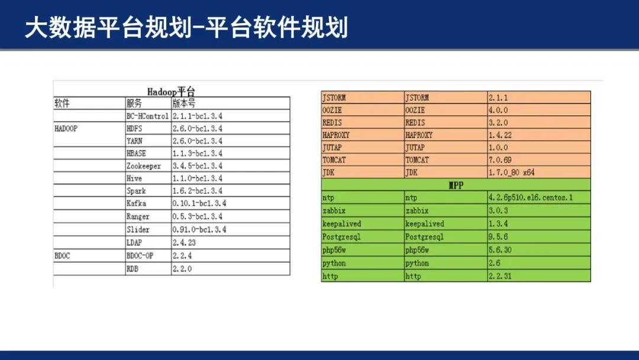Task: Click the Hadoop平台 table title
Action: pos(171,92)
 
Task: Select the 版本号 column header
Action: pos(184,103)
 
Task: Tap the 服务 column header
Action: pos(134,103)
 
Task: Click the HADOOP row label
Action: pos(66,128)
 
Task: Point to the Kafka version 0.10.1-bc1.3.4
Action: pos(199,203)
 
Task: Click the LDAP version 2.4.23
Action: pos(184,243)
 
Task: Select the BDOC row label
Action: pos(62,256)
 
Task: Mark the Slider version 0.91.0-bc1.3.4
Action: pos(199,230)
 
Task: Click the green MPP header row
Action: pos(456,185)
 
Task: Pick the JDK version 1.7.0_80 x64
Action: pos(512,172)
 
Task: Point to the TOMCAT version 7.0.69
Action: pos(500,160)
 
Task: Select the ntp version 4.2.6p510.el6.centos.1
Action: pos(531,198)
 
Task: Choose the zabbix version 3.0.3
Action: pos(498,211)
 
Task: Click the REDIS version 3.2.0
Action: pos(498,123)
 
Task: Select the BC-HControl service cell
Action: pos(147,116)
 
